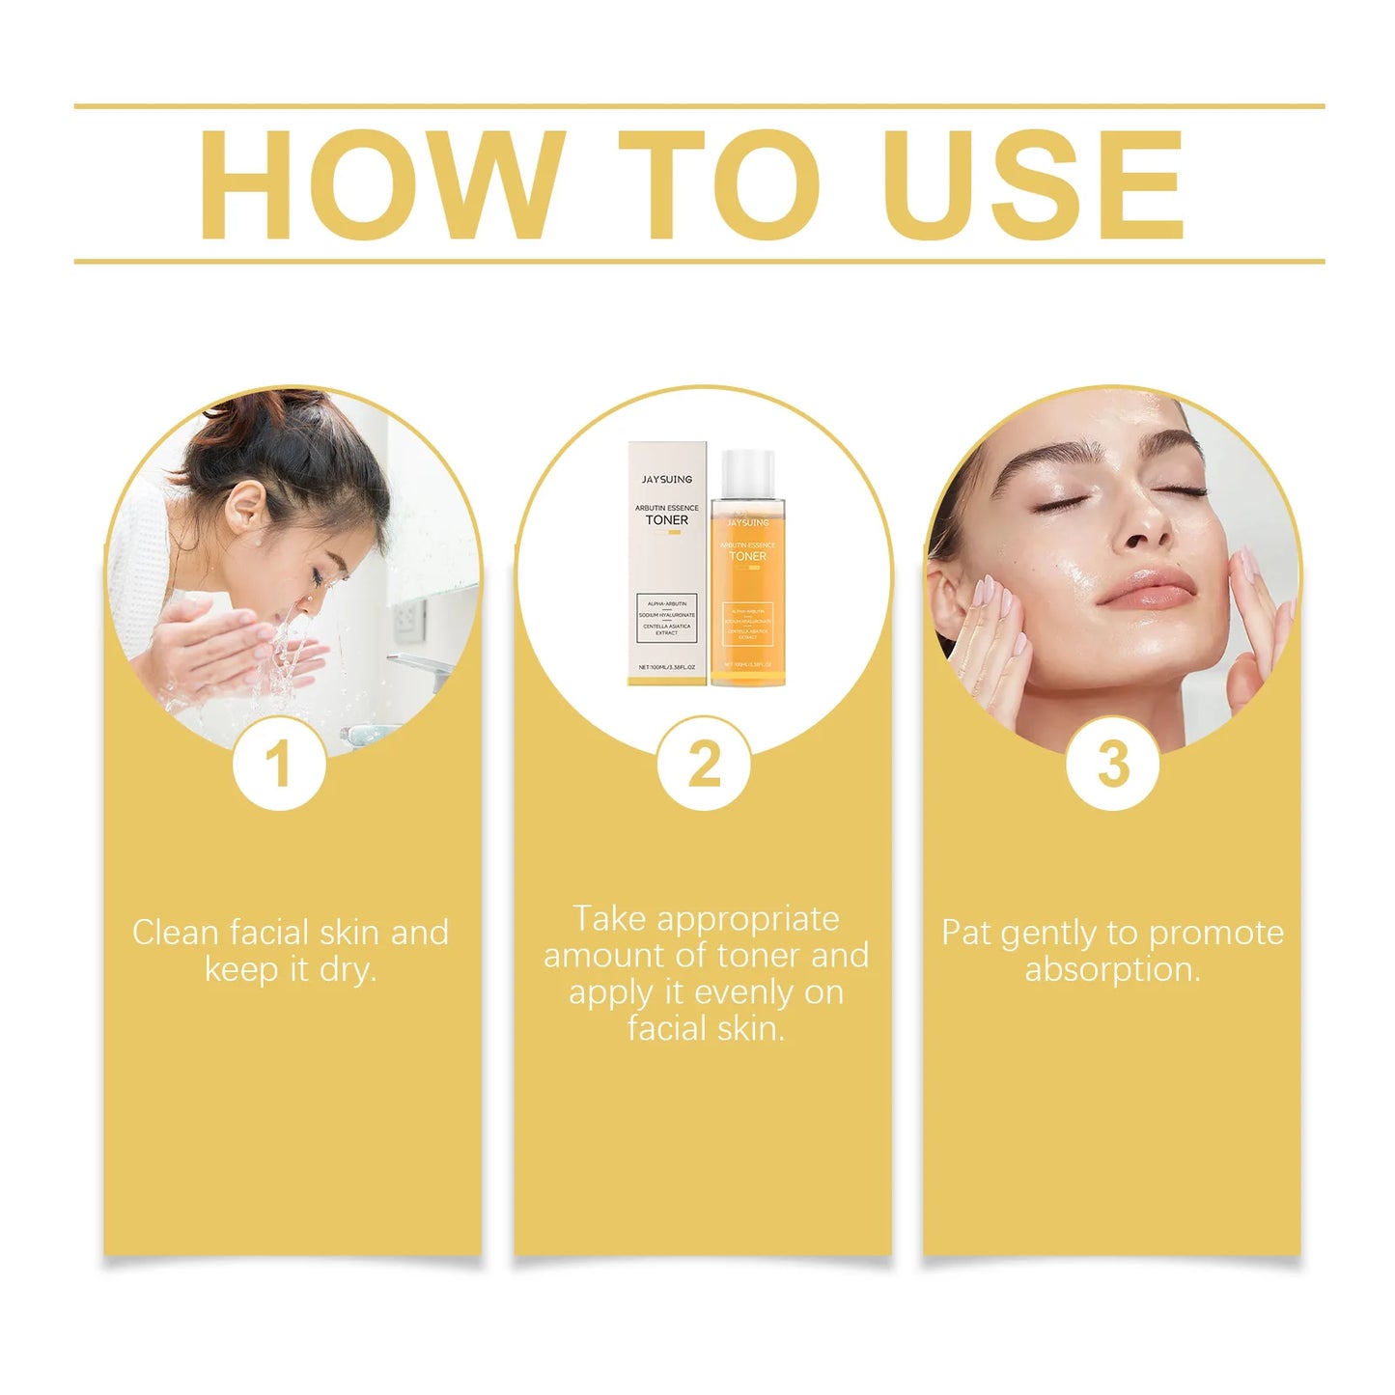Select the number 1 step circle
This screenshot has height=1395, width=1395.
(278, 764)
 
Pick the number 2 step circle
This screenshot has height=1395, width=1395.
(704, 764)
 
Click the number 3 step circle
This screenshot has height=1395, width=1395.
(1112, 764)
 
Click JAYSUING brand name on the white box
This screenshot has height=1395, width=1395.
(667, 479)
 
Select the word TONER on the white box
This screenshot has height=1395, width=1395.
(667, 520)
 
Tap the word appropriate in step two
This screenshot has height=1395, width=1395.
(748, 920)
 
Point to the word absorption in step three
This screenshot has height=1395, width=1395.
(1112, 969)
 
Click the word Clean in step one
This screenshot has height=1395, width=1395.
(176, 933)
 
